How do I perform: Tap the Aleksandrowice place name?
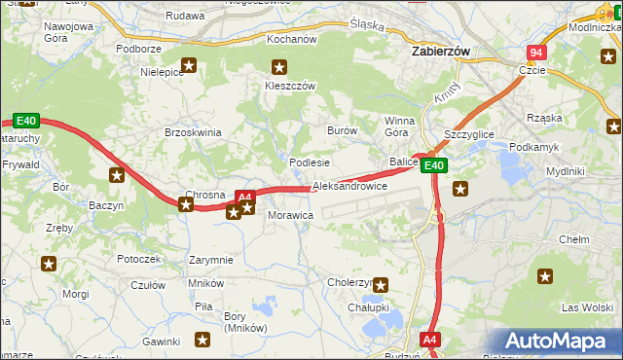coord(349,186)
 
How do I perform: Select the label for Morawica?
coord(289,214)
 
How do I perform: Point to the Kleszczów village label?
coord(290,86)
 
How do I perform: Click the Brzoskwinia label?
coord(194,132)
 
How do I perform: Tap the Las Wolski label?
coord(586,307)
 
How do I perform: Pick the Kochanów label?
coord(293,40)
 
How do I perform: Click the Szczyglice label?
coord(468,133)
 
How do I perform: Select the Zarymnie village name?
coord(211,260)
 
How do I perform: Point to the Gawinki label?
coord(161,342)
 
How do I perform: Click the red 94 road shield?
coord(536,52)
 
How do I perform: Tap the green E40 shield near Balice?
coord(434,165)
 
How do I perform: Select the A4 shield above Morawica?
coord(245,197)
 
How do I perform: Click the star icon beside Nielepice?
coord(189,67)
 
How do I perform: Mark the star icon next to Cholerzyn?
coord(382,285)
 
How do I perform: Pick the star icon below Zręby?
coord(49,263)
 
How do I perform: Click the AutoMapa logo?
coord(560,341)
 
